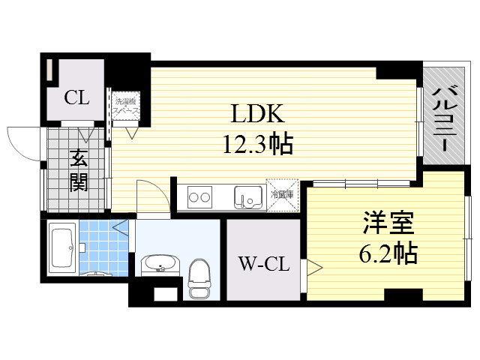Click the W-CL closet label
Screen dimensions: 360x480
(x=263, y=263)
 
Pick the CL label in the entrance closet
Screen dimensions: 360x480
(x=76, y=97)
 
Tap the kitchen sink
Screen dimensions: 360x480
(x=247, y=198)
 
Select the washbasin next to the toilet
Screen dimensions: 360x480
(x=160, y=264)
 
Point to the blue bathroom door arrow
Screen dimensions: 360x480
(x=119, y=225)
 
